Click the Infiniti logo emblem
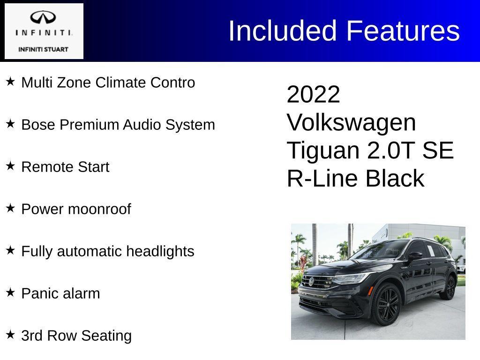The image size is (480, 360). pos(44,18)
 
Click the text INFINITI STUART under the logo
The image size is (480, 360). pos(44,49)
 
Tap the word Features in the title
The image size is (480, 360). pos(403,31)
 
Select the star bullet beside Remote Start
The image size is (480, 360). pos(10,166)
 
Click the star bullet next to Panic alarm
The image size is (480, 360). pos(10,292)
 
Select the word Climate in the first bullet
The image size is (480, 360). pos(121,82)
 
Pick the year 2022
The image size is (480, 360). pos(313,95)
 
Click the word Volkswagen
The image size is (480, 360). pos(351,123)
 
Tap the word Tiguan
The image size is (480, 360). pos(323,151)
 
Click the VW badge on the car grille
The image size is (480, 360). pos(311,282)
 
